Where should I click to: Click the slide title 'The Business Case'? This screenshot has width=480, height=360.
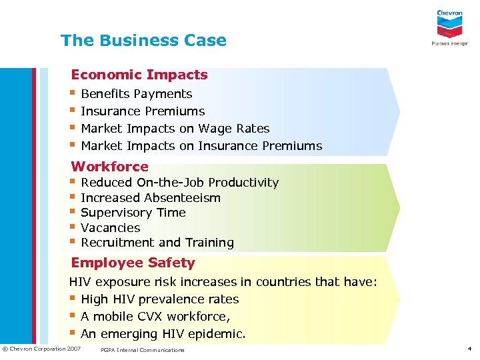[143, 41]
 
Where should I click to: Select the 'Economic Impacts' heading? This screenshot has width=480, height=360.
[139, 75]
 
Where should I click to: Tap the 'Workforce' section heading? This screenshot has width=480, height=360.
[109, 167]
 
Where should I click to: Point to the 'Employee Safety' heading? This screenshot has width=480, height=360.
[133, 263]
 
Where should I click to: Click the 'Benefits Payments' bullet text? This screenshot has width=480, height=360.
[136, 94]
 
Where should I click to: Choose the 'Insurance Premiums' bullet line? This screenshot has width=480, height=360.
[142, 111]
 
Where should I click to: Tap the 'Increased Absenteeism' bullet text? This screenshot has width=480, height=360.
[150, 198]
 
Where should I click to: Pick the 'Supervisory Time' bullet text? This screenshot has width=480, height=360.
[133, 213]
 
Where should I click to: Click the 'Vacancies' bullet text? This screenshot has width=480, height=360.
[110, 228]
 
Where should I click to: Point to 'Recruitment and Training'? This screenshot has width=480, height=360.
[157, 243]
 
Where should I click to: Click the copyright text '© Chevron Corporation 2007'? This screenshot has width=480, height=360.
[41, 349]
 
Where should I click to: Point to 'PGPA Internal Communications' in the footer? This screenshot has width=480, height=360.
[141, 350]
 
